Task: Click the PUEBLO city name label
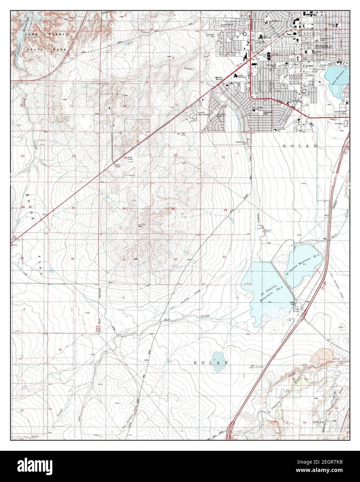pos(323,46)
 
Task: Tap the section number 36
pos(72,259)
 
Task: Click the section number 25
pos(73,208)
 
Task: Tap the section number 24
pos(73,156)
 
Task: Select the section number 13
pos(72,106)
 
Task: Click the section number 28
pos(225,210)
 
